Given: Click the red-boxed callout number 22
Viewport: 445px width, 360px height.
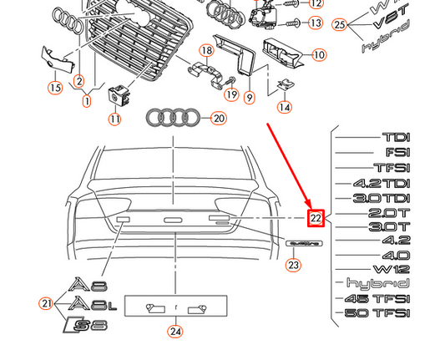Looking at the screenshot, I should coord(316,218).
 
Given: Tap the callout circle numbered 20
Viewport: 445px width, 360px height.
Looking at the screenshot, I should coord(218,119).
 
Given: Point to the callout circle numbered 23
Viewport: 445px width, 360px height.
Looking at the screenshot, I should coord(293,266).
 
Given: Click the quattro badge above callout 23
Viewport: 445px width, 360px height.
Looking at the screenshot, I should coord(303,243).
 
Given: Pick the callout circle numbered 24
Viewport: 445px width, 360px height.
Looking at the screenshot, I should coord(174,331).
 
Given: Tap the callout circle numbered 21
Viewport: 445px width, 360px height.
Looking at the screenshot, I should coord(47,302).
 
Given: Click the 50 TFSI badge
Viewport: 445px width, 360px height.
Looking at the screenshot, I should coord(381,313).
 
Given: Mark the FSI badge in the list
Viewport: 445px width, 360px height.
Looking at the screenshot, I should coord(397,152).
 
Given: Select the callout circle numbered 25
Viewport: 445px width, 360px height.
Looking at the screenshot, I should coord(339,24).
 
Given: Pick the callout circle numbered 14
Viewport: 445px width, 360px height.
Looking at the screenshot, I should coord(285,107).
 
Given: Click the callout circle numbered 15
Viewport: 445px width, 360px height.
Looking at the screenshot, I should coord(55,87).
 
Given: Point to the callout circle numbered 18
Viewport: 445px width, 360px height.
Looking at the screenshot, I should coord(205,51).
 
